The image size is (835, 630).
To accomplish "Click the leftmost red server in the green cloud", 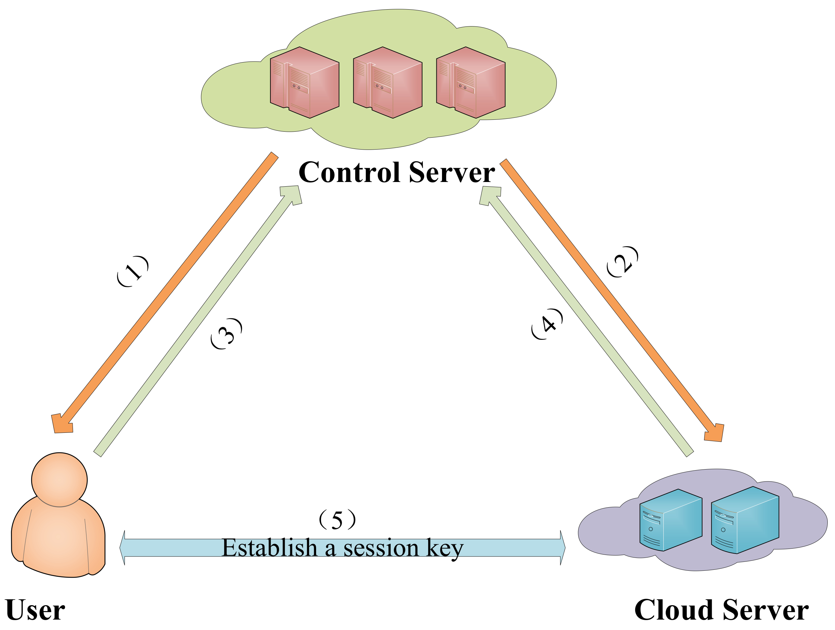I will (304, 83).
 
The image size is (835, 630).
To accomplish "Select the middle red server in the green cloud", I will (387, 83).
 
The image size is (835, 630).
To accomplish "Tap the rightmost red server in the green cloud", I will (470, 83).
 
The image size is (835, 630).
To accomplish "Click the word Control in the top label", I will (350, 172).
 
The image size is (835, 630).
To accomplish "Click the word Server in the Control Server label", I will (452, 172).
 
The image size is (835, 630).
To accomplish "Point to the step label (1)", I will (133, 271).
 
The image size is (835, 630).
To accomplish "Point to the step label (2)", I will (622, 261).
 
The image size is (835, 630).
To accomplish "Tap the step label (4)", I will (547, 324).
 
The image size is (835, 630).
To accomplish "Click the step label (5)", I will (337, 520).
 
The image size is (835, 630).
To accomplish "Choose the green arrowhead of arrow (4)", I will (490, 196).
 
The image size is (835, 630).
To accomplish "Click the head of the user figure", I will (59, 479).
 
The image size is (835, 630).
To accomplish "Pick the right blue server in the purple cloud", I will (745, 520).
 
